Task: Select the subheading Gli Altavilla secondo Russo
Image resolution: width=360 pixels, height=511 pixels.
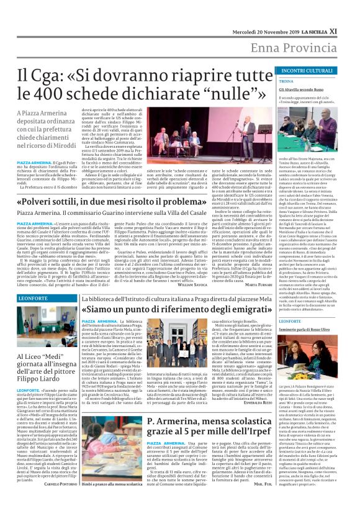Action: pyautogui.click(x=301, y=89)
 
